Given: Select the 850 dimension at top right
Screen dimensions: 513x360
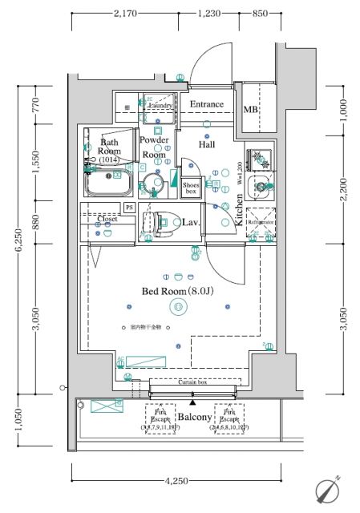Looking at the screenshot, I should (259, 13).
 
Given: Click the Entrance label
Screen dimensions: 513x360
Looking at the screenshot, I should (207, 105).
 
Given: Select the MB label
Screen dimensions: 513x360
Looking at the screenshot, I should (251, 109).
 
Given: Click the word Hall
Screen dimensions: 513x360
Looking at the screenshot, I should (210, 144).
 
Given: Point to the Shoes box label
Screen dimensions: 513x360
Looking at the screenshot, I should (191, 188).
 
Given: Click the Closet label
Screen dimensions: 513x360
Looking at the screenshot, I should (107, 218).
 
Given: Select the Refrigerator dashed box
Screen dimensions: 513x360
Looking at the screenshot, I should (261, 223).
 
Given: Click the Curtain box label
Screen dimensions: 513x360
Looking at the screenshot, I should (192, 383).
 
